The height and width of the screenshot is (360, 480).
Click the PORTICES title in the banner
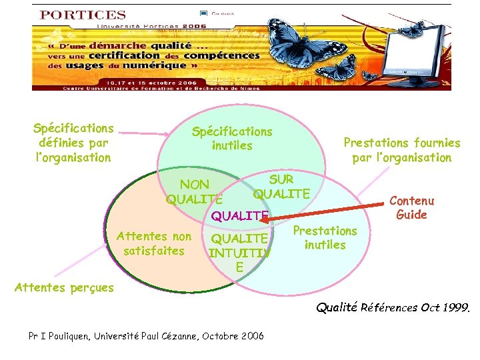(x=83, y=15)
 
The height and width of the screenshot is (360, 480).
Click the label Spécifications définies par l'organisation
(x=73, y=143)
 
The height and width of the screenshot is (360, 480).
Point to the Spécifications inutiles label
(x=232, y=139)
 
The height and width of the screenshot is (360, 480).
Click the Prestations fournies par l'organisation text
(x=401, y=150)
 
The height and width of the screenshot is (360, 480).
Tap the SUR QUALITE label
(x=281, y=187)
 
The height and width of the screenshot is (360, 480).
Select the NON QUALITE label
(x=195, y=191)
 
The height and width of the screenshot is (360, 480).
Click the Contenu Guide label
(x=411, y=207)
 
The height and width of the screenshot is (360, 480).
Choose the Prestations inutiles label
(x=325, y=238)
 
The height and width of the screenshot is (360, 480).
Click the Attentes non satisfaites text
(x=154, y=243)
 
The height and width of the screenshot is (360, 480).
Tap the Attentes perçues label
(x=64, y=288)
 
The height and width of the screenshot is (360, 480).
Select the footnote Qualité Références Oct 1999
(x=392, y=308)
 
